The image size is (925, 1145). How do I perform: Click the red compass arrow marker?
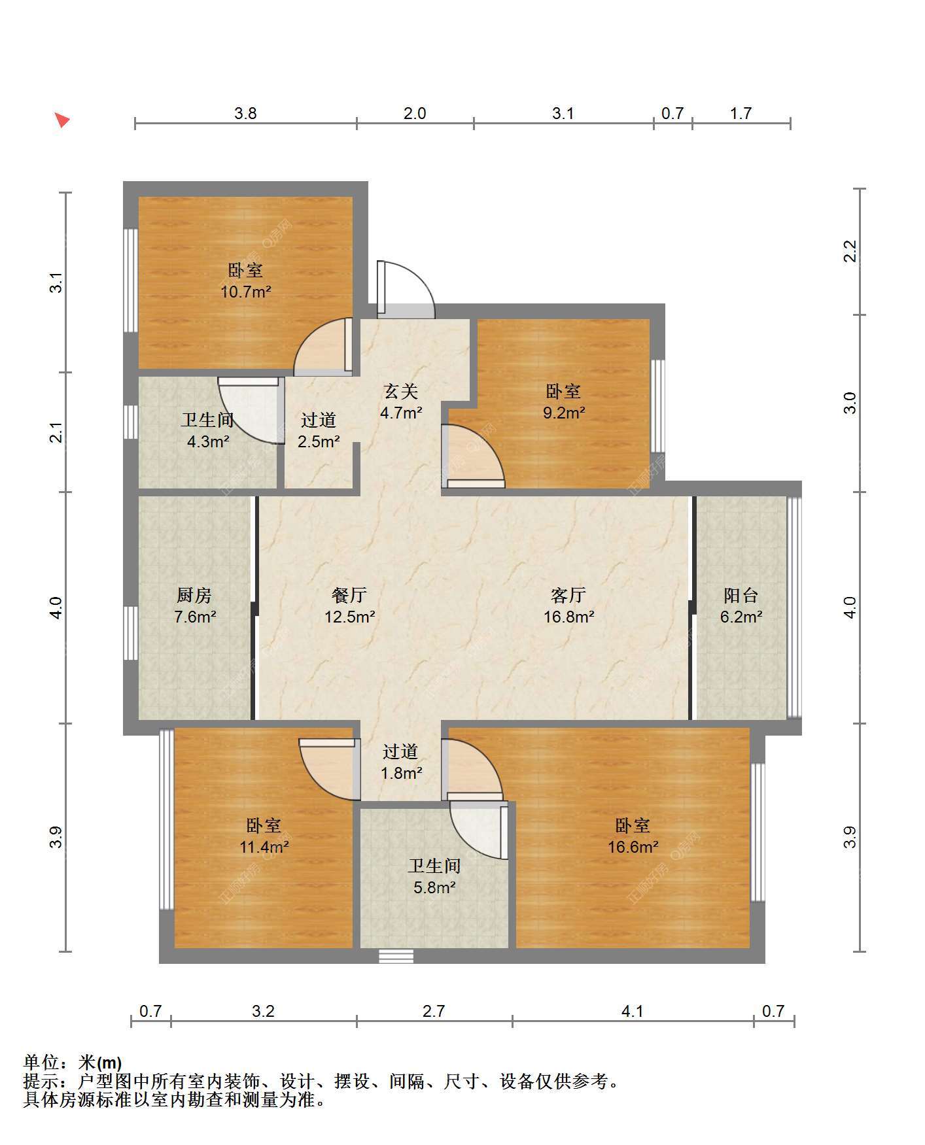pyautogui.click(x=61, y=120)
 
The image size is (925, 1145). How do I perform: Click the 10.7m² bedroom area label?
pyautogui.click(x=246, y=292)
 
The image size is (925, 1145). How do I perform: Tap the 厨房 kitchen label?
pyautogui.click(x=194, y=595)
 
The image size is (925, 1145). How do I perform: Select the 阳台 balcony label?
pyautogui.click(x=741, y=595)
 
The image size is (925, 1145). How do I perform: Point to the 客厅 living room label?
pyautogui.click(x=568, y=595)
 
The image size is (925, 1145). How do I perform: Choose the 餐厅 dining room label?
pyautogui.click(x=349, y=595)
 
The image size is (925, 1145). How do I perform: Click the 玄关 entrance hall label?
pyautogui.click(x=400, y=391)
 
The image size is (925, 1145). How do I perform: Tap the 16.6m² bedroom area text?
pyautogui.click(x=633, y=847)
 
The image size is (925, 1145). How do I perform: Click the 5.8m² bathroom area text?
pyautogui.click(x=434, y=887)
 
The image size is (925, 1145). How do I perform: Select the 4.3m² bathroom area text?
pyautogui.click(x=208, y=441)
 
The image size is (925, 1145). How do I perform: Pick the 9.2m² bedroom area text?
pyautogui.click(x=564, y=413)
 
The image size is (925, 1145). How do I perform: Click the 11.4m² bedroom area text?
pyautogui.click(x=264, y=847)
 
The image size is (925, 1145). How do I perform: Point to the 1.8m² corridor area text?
pyautogui.click(x=402, y=773)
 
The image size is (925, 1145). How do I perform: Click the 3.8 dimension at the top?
pyautogui.click(x=245, y=113)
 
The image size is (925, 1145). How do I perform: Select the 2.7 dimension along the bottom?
pyautogui.click(x=434, y=1011)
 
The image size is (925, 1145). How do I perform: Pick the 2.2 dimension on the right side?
pyautogui.click(x=849, y=251)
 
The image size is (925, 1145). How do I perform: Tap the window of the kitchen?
pyautogui.click(x=131, y=633)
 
